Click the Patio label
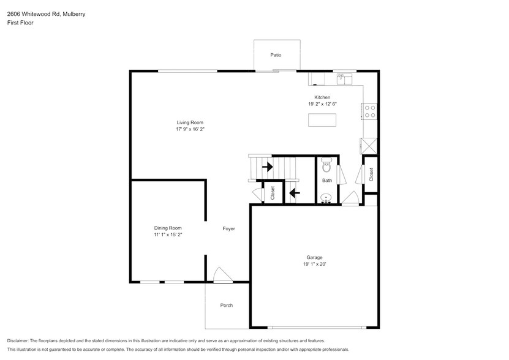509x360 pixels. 276,55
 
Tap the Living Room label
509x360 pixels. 190,122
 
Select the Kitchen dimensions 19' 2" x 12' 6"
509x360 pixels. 323,104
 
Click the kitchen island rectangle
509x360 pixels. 323,120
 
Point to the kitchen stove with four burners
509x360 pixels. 370,111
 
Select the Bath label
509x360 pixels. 327,181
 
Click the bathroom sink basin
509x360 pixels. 327,198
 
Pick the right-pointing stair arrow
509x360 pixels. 267,166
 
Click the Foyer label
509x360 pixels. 228,229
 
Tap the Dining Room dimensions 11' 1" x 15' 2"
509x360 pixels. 168,234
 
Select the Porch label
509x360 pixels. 227,306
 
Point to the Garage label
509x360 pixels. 314,257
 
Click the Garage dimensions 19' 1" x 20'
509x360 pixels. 314,264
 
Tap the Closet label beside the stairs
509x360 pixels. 273,193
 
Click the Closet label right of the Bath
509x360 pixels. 371,174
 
